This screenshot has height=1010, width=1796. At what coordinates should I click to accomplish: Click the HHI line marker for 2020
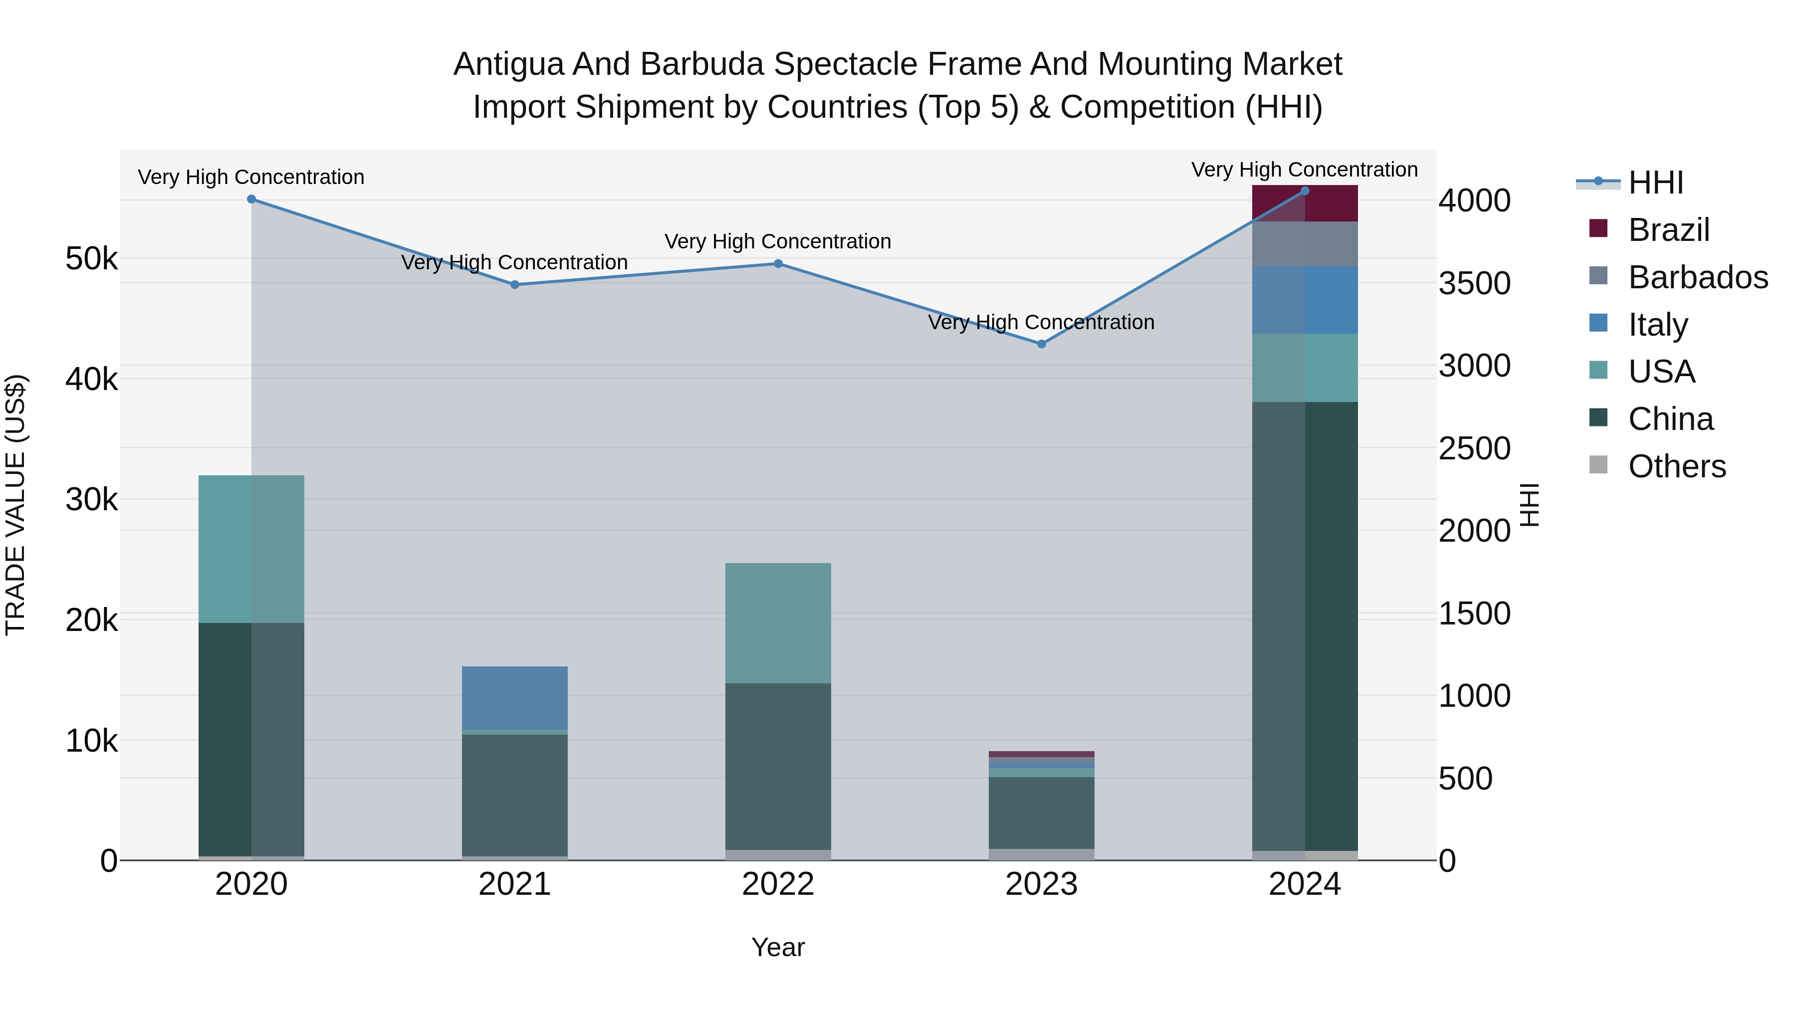coord(252,200)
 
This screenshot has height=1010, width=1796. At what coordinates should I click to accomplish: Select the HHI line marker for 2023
coord(1042,344)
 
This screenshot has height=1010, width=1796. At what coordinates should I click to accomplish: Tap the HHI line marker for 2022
coord(778,263)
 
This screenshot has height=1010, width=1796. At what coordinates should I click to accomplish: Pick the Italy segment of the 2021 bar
coord(514,698)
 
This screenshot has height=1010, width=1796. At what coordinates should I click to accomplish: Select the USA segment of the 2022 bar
coord(778,622)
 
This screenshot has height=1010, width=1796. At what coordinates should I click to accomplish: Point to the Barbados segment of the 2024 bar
coord(1305,244)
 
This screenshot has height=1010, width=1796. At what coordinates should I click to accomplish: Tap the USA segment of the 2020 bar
coord(252,549)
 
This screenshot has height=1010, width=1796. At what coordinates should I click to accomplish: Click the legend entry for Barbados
coord(1697,277)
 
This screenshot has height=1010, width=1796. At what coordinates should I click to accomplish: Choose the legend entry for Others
coord(1676,466)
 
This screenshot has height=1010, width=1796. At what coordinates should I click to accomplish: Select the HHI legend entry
coord(1655,183)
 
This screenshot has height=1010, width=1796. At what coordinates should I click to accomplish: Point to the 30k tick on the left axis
coord(91,500)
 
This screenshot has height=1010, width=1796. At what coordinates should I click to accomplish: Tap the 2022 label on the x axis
coord(778,884)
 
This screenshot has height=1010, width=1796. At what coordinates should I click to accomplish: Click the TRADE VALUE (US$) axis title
coord(15,505)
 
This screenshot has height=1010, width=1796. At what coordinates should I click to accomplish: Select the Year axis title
coord(778,947)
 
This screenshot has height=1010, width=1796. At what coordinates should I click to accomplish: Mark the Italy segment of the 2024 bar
coord(1305,300)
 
